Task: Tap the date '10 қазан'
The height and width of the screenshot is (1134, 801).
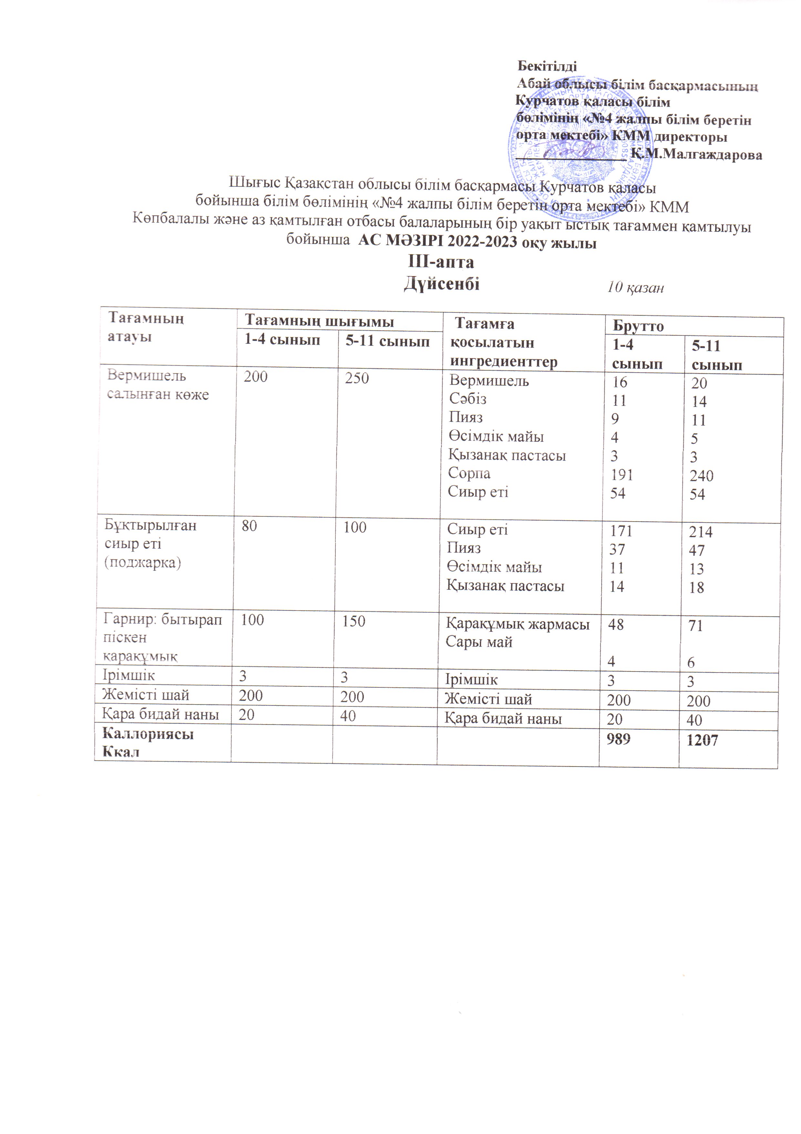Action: click(x=635, y=287)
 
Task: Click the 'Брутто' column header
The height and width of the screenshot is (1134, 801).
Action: click(x=638, y=326)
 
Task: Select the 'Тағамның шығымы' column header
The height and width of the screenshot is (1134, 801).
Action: click(x=320, y=322)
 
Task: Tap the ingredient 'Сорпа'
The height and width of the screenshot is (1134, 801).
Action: click(x=469, y=473)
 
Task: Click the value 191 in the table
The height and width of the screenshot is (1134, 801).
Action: click(x=621, y=475)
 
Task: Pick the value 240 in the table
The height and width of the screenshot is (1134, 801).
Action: click(x=701, y=476)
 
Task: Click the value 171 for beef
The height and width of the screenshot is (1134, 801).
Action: click(x=621, y=531)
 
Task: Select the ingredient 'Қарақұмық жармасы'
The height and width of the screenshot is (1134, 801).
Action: click(x=518, y=624)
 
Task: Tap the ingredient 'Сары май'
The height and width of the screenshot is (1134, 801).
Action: click(x=479, y=642)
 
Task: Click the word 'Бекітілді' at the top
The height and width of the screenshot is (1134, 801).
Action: click(x=547, y=66)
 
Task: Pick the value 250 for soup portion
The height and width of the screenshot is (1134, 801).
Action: click(x=357, y=378)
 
